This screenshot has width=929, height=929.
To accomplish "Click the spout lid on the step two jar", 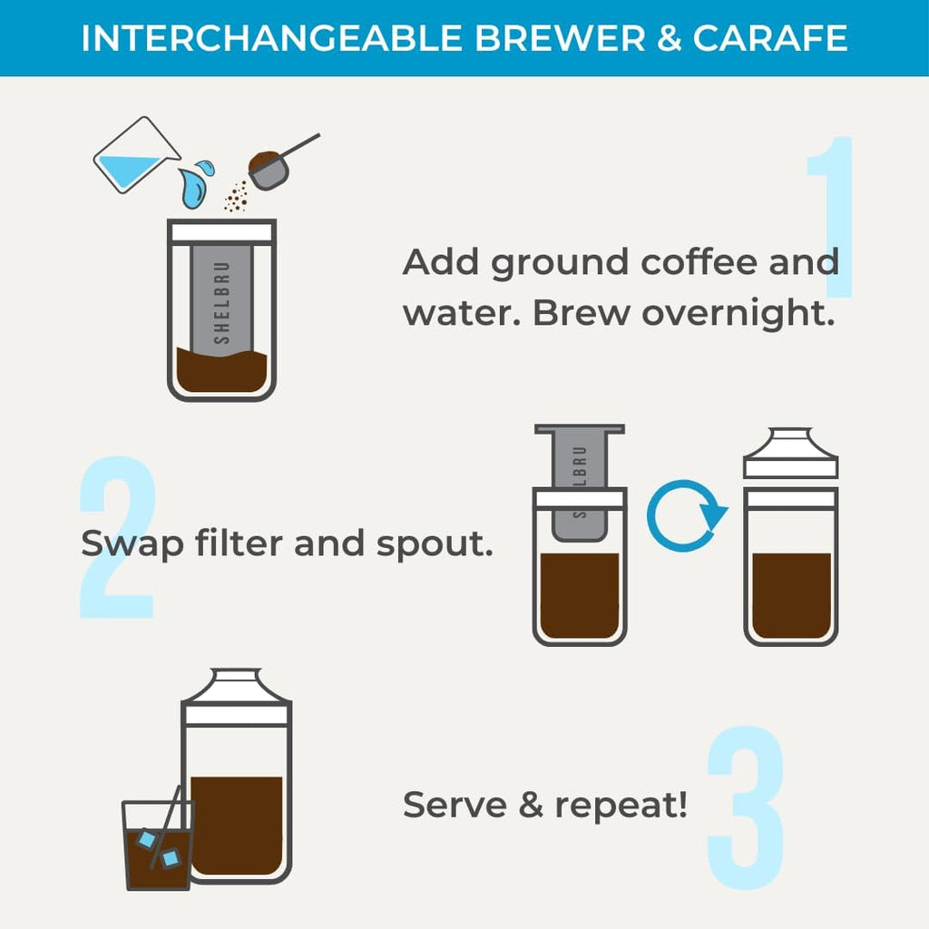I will point(789,454).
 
